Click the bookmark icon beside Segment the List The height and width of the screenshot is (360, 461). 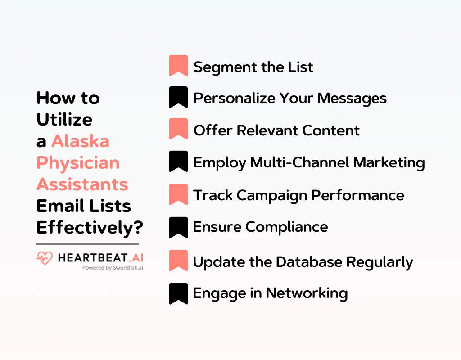point(178,65)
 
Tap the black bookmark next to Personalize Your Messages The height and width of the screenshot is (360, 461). point(178,97)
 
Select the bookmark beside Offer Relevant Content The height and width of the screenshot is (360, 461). point(178,129)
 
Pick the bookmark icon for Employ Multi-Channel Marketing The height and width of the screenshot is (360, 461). point(178,162)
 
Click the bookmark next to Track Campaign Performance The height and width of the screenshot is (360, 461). point(178,194)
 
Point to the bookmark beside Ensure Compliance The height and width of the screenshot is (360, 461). point(178,227)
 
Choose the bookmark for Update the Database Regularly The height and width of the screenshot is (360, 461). point(178,261)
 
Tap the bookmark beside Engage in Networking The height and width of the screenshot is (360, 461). point(178,293)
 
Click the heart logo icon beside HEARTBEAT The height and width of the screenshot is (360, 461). point(45,258)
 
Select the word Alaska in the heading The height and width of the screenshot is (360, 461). point(80,141)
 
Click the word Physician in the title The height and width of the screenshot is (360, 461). point(78,163)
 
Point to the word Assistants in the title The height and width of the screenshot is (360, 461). point(82,184)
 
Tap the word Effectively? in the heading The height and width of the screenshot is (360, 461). point(90,228)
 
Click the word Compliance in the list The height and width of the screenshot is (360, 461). point(287,227)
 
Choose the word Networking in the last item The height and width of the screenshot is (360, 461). point(307,293)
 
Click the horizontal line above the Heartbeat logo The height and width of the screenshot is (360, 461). point(87,244)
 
